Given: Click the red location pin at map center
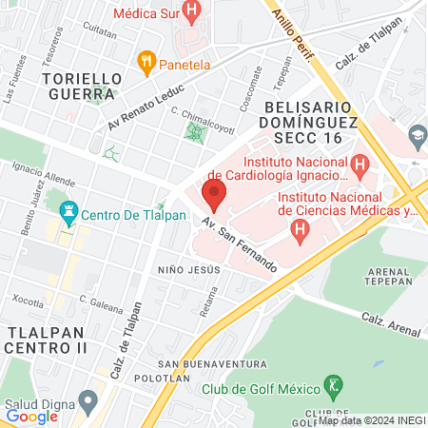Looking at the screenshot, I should [214, 196].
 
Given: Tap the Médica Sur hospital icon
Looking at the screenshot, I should [193, 13].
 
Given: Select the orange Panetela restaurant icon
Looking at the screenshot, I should [146, 63].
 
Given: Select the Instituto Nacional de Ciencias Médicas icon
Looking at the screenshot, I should [301, 228].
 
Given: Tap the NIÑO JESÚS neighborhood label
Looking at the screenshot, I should [190, 269].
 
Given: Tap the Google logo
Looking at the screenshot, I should [31, 416].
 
